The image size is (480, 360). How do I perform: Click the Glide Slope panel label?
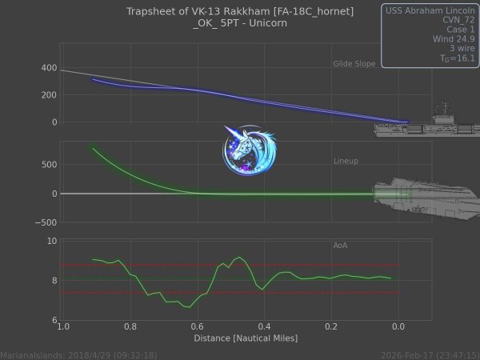pyautogui.click(x=354, y=63)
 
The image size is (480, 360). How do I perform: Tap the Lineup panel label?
pyautogui.click(x=346, y=161)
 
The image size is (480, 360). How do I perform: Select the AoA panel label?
pyautogui.click(x=340, y=245)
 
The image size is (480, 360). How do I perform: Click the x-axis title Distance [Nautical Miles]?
pyautogui.click(x=246, y=338)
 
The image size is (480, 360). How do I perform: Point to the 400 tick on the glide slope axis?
pyautogui.click(x=46, y=68)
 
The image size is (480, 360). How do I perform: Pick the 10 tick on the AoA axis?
pyautogui.click(x=51, y=240)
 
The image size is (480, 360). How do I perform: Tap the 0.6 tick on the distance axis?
pyautogui.click(x=196, y=326)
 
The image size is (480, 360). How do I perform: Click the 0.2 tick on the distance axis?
pyautogui.click(x=330, y=326)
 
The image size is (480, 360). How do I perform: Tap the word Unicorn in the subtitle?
pyautogui.click(x=266, y=23)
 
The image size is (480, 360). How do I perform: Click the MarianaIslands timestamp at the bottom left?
pyautogui.click(x=78, y=354)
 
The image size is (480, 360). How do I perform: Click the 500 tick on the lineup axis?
pyautogui.click(x=46, y=165)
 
